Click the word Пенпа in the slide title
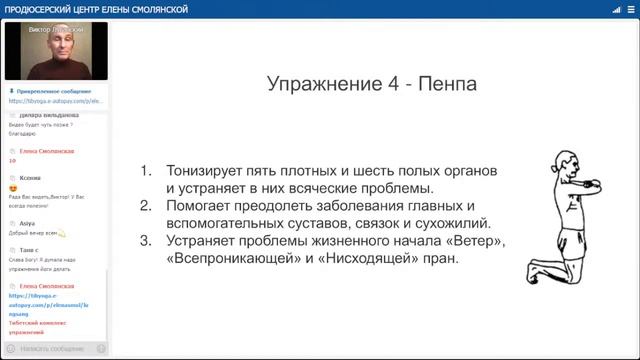click(448, 84)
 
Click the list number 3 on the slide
click(146, 241)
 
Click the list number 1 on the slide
click(146, 171)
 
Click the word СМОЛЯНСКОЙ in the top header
click(139, 9)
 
